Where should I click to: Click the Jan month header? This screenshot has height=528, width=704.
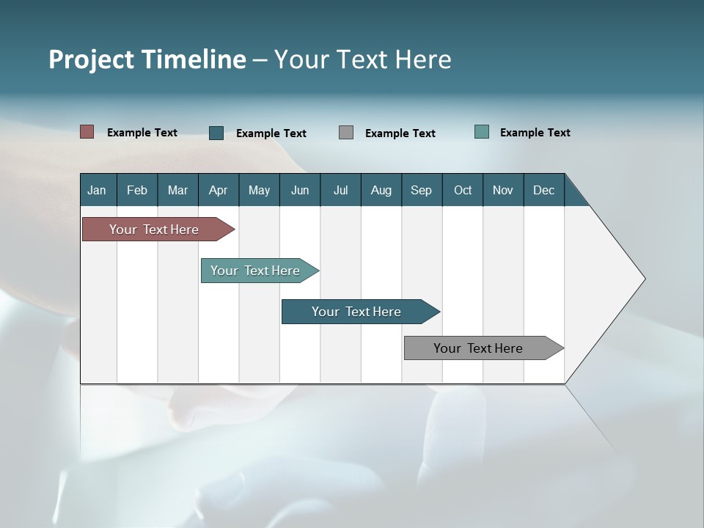pos(98,190)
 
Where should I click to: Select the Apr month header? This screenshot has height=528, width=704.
pos(219,190)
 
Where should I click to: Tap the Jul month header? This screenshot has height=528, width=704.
pos(340,190)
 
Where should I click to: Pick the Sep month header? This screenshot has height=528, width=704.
pos(422,190)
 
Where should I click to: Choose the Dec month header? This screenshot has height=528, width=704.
pos(544,190)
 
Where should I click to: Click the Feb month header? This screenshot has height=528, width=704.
pos(137,190)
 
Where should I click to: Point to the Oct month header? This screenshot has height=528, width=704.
pos(463,190)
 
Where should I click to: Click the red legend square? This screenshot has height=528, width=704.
pos(87,132)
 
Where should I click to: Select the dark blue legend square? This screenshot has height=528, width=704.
pos(216,133)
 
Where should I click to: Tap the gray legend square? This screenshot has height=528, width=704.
pos(346,133)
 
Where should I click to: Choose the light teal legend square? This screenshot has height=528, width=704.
pos(482,132)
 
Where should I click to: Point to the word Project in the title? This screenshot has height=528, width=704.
pos(91,59)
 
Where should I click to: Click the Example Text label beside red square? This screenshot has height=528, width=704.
pos(142,133)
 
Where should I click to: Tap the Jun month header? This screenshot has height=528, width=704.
pos(300,190)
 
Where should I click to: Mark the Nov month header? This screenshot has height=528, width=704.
pos(503,190)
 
